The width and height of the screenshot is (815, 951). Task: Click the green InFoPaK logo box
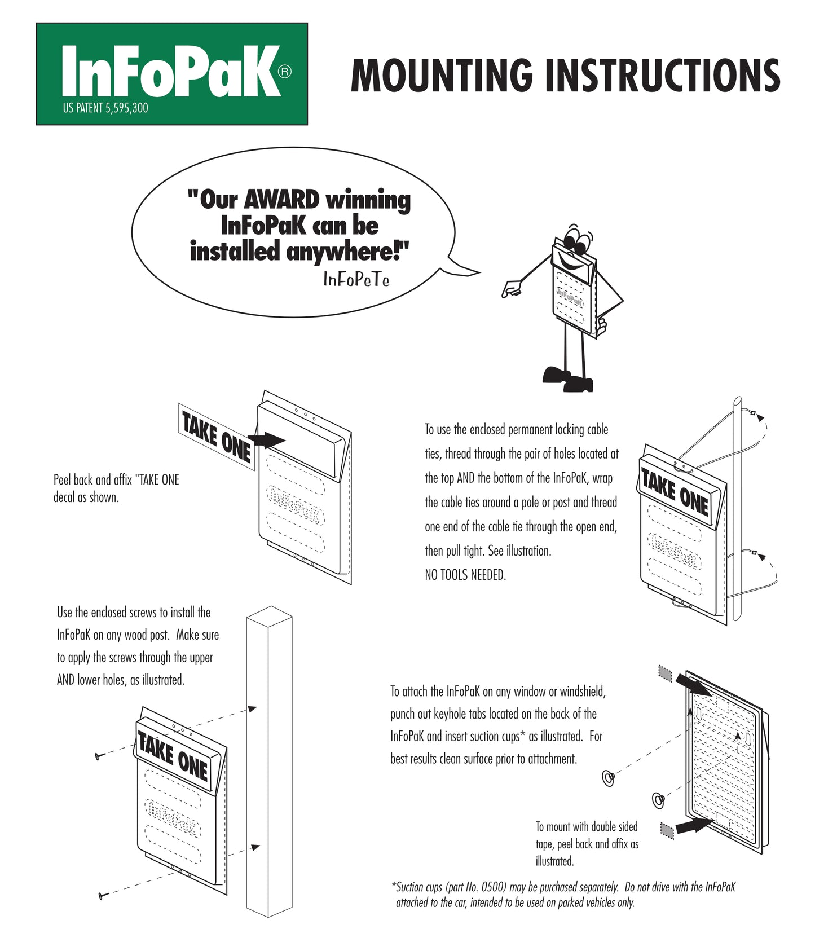(x=171, y=74)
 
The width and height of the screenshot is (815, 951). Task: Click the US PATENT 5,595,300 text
(x=105, y=108)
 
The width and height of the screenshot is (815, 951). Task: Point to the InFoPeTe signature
(x=356, y=279)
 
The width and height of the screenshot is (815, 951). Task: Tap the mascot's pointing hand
(x=511, y=290)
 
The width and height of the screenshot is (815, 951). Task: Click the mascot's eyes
(x=576, y=240)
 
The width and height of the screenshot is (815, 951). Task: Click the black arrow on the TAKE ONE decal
(x=267, y=439)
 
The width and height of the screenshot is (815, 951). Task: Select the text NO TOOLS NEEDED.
(x=465, y=575)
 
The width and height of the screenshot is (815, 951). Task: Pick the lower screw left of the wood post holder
(x=103, y=895)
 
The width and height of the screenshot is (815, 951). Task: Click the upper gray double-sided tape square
(x=666, y=672)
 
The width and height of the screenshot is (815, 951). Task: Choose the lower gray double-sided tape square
(x=667, y=831)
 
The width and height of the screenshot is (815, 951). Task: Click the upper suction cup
(x=609, y=778)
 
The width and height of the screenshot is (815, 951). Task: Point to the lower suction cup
(x=658, y=799)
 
